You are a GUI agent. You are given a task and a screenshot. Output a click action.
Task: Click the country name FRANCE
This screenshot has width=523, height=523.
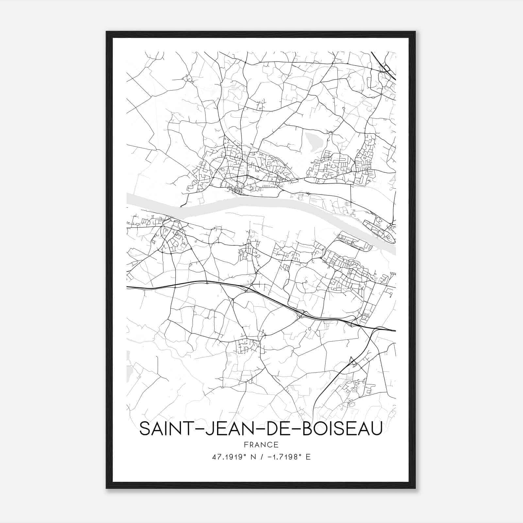tap(261, 445)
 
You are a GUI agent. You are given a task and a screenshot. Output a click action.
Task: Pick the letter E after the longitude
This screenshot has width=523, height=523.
tap(308, 457)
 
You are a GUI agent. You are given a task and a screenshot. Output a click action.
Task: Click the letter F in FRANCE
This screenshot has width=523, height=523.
tap(246, 445)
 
